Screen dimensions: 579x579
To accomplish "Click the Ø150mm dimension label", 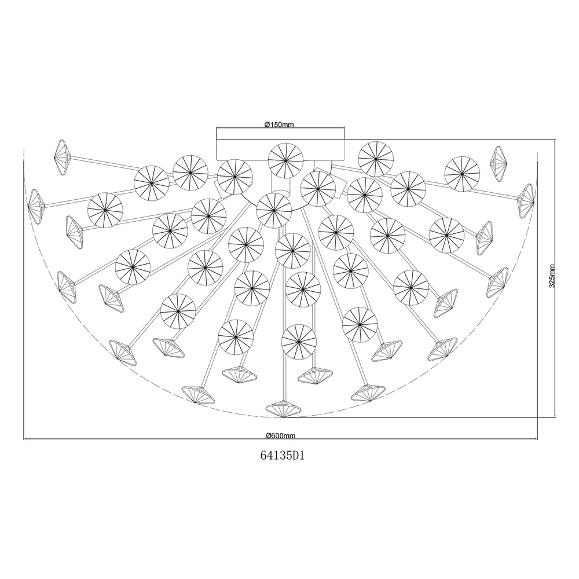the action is [x=279, y=124].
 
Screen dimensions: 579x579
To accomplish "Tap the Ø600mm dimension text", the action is [x=281, y=435].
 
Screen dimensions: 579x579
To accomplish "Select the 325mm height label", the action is [x=552, y=276].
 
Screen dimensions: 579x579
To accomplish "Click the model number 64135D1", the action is [x=283, y=456].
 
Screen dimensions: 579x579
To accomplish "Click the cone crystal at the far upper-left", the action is [x=63, y=157].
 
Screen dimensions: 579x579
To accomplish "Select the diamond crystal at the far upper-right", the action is [x=499, y=164].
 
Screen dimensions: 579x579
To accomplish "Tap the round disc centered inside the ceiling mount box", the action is [x=285, y=160].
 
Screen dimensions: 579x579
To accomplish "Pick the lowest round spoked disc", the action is [x=299, y=342].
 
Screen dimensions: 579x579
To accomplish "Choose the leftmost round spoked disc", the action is [x=105, y=210].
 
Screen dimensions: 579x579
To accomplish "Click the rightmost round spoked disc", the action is [x=462, y=174].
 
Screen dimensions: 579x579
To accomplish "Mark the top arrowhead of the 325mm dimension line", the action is [x=555, y=140].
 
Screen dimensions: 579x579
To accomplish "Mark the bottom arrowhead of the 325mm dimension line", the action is [x=555, y=417].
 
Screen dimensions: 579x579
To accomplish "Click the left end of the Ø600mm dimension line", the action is [x=24, y=439].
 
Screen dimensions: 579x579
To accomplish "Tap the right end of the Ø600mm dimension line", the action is [x=537, y=439].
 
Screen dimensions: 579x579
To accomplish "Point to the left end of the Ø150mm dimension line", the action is [x=217, y=128].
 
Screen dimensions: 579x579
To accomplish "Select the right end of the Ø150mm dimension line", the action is [x=345, y=128].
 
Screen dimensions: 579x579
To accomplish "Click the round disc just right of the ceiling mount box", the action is [x=376, y=159].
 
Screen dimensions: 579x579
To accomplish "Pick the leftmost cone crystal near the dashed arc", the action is [x=36, y=206].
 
